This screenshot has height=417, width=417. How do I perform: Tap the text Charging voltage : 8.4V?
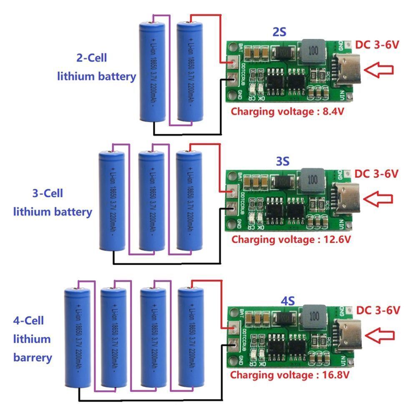click(288, 111)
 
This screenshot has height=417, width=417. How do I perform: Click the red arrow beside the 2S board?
click(381, 70)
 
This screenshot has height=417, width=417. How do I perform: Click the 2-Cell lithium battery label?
click(97, 67)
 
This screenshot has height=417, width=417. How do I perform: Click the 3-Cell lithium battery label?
click(53, 202)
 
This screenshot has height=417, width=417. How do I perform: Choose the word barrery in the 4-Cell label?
click(33, 357)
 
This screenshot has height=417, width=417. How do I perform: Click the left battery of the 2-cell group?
click(153, 71)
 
